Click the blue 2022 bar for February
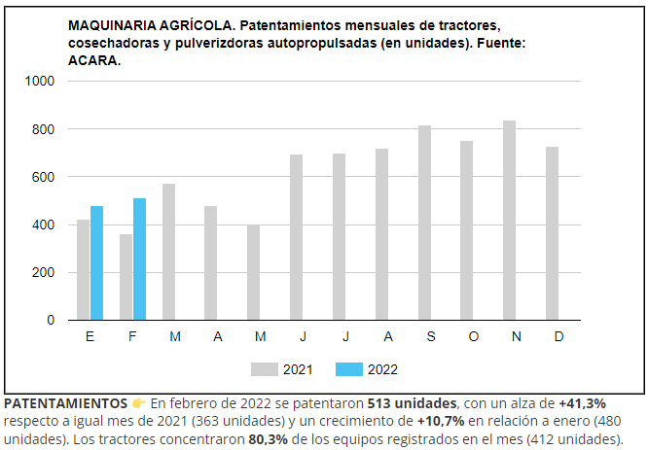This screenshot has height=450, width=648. point(139,260)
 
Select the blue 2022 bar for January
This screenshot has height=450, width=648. point(96,263)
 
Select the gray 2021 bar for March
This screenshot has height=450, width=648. point(168,252)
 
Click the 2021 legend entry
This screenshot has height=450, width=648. point(281,369)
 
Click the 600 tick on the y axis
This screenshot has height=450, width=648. point(44,177)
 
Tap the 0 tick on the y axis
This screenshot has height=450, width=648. point(51,320)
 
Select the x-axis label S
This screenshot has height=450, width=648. point(430,336)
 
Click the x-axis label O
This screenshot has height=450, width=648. point(473,336)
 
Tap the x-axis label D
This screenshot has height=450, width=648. point(558,336)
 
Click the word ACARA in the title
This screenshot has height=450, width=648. point(95,60)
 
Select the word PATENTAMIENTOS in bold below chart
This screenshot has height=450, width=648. point(65,402)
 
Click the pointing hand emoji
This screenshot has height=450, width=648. point(139,402)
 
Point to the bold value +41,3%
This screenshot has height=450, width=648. point(583,402)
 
